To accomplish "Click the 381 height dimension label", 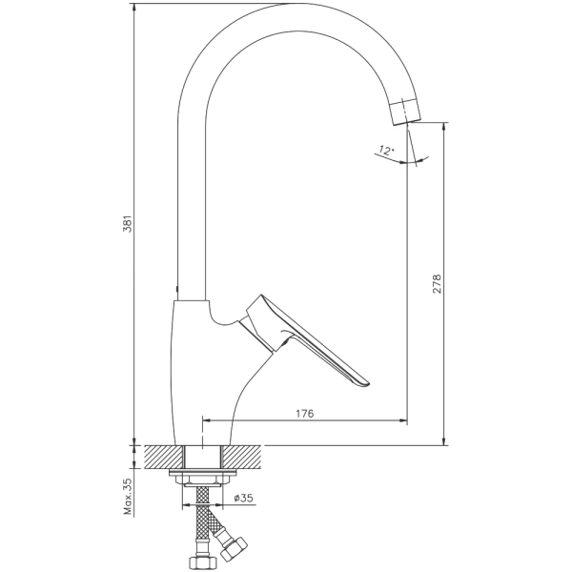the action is click(x=129, y=224).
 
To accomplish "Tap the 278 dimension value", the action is click(x=437, y=283).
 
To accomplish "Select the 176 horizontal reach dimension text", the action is click(x=304, y=414).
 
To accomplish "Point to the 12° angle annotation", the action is click(x=386, y=150).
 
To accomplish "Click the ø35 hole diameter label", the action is click(x=244, y=498).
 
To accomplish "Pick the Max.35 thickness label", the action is click(x=129, y=496).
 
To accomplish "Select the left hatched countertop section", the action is click(x=164, y=457).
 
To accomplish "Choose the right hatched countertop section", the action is click(x=242, y=457).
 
